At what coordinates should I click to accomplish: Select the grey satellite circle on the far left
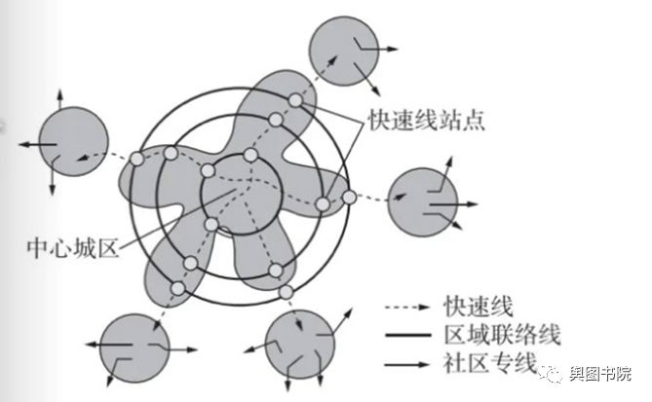pyautogui.click(x=73, y=143)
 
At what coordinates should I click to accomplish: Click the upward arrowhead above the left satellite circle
pyautogui.click(x=60, y=93)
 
